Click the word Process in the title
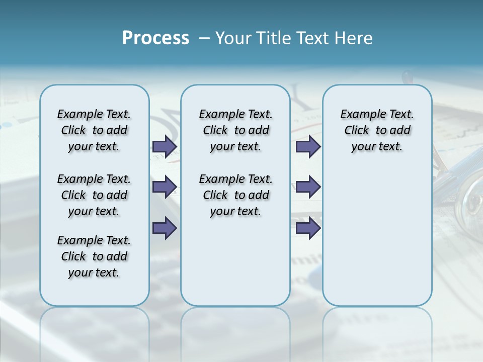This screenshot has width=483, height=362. tap(155, 38)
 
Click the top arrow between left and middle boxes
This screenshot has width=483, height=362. tap(165, 147)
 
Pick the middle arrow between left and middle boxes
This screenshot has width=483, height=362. tap(165, 187)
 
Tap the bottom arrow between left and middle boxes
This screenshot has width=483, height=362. tap(165, 228)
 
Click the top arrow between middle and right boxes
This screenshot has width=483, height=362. tap(308, 147)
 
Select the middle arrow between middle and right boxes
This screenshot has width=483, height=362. tap(308, 187)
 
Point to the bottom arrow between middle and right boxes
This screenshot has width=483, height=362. tap(308, 228)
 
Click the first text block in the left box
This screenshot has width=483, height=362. tap(94, 130)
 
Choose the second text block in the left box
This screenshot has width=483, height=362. tap(94, 195)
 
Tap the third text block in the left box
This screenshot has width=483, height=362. tap(94, 256)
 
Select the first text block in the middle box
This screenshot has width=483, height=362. tap(235, 130)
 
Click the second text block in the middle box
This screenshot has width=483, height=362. tap(235, 195)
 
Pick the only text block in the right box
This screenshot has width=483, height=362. tap(377, 130)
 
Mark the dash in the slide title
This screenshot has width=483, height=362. tap(205, 38)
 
